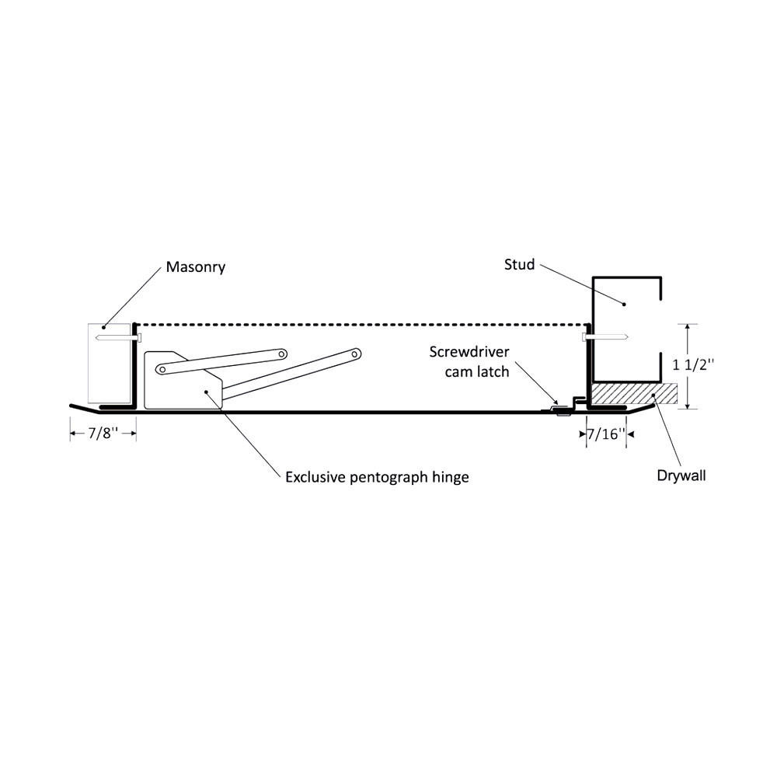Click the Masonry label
coord(195,267)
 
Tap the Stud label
coord(519,265)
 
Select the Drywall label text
coord(681,476)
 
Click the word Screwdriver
coord(469,352)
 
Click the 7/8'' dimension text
coord(103,433)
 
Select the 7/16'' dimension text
coord(606,434)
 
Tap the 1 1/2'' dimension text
coord(693,365)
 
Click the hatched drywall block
coord(634,394)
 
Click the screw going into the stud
coord(605,337)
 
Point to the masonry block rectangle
coord(109,363)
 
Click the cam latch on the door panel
coord(561,409)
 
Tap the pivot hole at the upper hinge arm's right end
coord(281,354)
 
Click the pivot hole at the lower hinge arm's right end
coord(355,354)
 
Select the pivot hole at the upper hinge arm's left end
coord(162,370)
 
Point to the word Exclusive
coord(315,477)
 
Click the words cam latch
coord(477,371)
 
